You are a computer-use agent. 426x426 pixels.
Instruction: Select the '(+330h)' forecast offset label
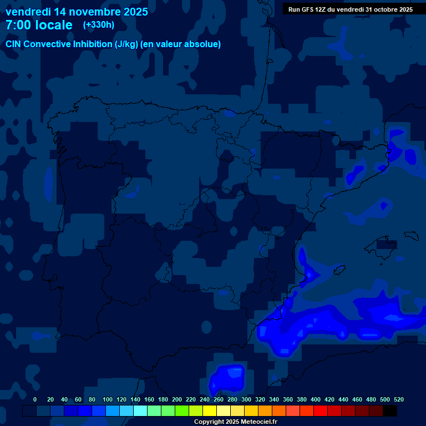tap(98, 24)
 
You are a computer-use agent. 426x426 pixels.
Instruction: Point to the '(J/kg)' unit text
tap(126, 44)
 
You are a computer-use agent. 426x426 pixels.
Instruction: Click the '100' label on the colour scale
tap(108, 399)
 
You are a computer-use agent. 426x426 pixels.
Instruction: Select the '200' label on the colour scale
tap(177, 399)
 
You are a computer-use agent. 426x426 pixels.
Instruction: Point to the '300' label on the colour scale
tap(246, 399)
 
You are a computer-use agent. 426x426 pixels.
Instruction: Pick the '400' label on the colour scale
tap(316, 399)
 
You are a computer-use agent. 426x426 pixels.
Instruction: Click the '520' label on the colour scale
tap(398, 399)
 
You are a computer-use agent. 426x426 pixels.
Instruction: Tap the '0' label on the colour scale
tap(35, 399)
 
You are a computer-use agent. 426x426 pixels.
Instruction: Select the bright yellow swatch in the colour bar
tap(210, 410)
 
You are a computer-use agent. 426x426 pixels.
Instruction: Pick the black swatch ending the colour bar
tap(390, 410)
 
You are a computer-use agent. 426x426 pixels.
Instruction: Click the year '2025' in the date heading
tap(133, 11)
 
